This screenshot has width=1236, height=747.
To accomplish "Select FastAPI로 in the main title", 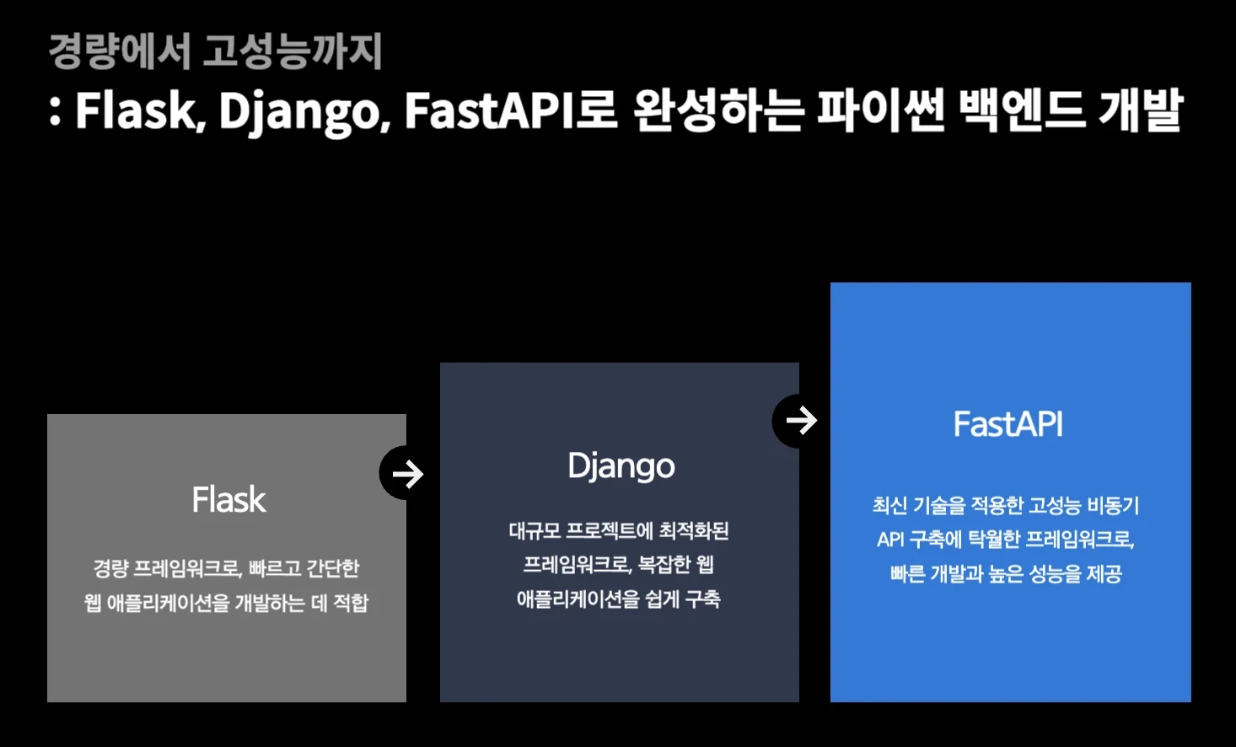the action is click(510, 110).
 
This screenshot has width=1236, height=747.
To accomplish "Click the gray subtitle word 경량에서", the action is click(119, 51).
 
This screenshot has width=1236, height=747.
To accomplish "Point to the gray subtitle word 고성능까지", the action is click(292, 51).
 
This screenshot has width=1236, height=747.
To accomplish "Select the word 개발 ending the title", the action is click(1140, 110).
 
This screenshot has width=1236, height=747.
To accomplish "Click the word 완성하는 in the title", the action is click(717, 110).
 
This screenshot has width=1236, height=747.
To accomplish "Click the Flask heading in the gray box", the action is click(228, 499).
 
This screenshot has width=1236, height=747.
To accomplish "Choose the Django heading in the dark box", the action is click(621, 466).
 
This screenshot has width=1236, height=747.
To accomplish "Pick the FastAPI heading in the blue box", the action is click(1008, 424).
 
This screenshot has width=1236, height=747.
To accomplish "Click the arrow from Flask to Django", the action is click(408, 473).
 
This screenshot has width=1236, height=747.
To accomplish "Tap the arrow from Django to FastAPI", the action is click(801, 421).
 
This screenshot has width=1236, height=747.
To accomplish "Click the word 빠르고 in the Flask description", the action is click(274, 567).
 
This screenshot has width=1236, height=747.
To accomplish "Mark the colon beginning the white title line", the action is click(55, 112).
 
